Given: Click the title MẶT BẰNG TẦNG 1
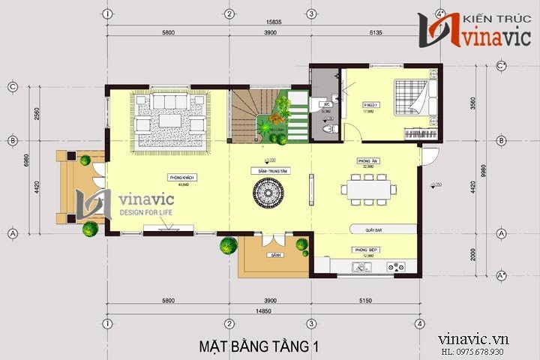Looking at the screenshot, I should (259, 346).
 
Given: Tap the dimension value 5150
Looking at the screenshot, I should (363, 300).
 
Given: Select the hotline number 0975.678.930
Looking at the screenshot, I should (493, 352).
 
